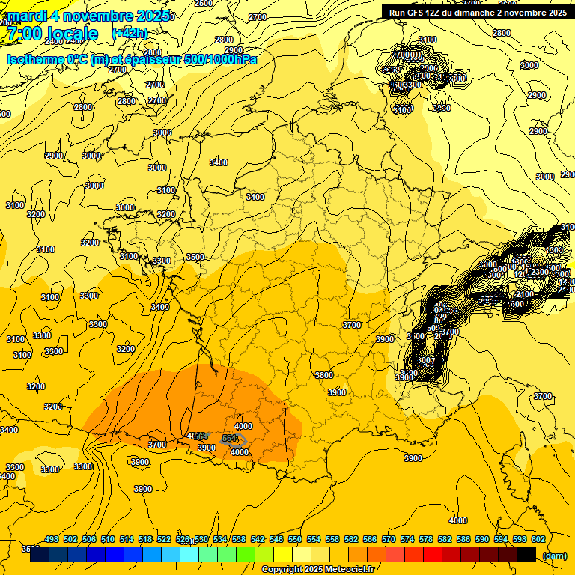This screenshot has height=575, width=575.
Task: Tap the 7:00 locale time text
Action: pos(52,34)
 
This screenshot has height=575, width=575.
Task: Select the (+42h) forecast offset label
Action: pos(130,34)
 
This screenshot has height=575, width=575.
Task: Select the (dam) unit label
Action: pos(553,555)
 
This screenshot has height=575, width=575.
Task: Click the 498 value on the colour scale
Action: pos(52,540)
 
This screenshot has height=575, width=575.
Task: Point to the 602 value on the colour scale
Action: pos(538,540)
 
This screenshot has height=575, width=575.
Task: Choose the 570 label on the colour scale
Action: pos(389,540)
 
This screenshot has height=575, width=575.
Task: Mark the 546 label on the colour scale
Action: pos(276,540)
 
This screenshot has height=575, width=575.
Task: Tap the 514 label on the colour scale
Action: pos(127,540)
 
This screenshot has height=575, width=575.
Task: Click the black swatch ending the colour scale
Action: pos(526,555)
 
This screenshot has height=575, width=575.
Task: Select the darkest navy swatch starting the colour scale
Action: pos(40,555)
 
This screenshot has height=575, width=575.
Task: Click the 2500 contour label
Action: pos(204,3)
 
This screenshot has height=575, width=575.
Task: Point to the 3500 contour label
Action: pos(195,257)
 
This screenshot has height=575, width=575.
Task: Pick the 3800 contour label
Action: pos(324,374)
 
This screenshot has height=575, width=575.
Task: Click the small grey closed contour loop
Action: pos(233,439)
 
